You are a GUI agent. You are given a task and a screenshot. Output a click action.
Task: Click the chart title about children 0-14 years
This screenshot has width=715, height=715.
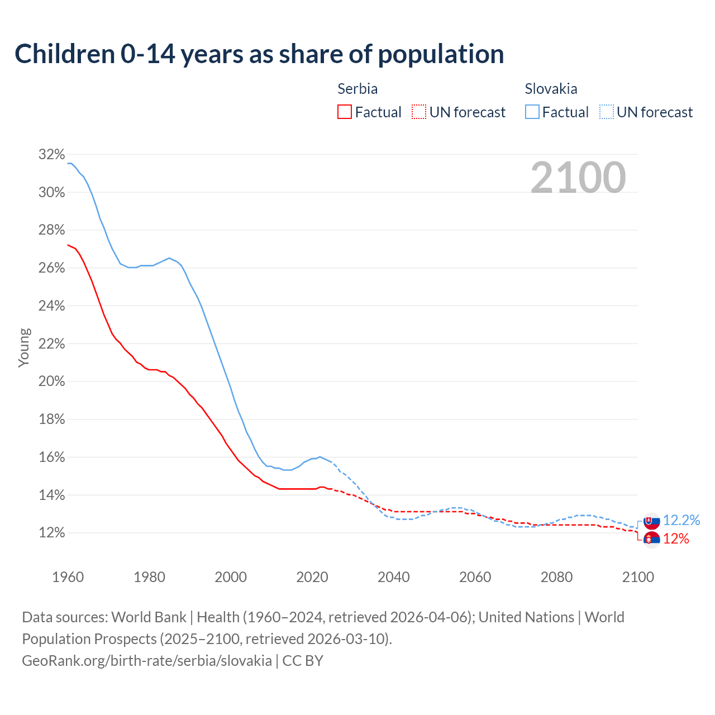pyautogui.click(x=259, y=54)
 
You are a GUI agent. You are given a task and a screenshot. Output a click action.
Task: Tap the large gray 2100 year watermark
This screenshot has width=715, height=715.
pyautogui.click(x=578, y=178)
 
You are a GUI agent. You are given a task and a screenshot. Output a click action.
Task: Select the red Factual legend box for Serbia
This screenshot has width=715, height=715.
pyautogui.click(x=345, y=112)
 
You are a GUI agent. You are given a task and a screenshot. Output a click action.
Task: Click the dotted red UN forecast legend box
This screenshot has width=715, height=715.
pyautogui.click(x=419, y=112)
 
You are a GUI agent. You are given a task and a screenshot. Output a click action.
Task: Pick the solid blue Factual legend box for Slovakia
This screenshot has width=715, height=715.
pyautogui.click(x=532, y=112)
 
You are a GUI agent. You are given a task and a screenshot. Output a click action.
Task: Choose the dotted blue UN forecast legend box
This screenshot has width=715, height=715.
pyautogui.click(x=607, y=112)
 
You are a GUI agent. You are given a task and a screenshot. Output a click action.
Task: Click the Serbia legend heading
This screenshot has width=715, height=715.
pyautogui.click(x=357, y=89)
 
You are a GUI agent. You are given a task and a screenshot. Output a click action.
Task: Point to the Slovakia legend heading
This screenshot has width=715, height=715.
pyautogui.click(x=551, y=89)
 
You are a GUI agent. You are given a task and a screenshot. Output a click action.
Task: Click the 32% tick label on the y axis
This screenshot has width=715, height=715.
pyautogui.click(x=52, y=155)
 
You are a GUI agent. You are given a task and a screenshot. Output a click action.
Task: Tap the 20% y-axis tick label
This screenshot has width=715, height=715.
pyautogui.click(x=52, y=382)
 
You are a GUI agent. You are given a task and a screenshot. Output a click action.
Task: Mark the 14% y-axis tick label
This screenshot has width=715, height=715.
pyautogui.click(x=52, y=495)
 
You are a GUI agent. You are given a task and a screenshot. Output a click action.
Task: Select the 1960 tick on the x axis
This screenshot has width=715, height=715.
pyautogui.click(x=68, y=577)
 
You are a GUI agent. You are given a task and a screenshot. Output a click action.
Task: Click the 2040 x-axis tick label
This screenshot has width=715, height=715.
pyautogui.click(x=394, y=577)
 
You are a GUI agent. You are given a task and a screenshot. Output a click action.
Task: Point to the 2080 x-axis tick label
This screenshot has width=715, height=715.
pyautogui.click(x=556, y=577)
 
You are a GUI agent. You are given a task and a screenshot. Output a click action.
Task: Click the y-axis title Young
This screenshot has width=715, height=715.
pyautogui.click(x=24, y=347)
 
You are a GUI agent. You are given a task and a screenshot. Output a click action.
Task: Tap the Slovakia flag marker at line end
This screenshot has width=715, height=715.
pyautogui.click(x=651, y=521)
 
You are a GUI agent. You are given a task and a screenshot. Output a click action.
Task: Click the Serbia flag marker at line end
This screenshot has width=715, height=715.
pyautogui.click(x=651, y=539)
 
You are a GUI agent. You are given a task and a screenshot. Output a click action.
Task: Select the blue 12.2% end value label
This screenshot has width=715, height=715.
pyautogui.click(x=681, y=521)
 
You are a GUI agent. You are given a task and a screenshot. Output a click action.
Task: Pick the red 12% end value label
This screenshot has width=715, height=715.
pyautogui.click(x=676, y=539)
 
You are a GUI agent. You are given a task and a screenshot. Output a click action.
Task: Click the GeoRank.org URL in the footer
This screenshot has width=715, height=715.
pyautogui.click(x=147, y=661)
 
